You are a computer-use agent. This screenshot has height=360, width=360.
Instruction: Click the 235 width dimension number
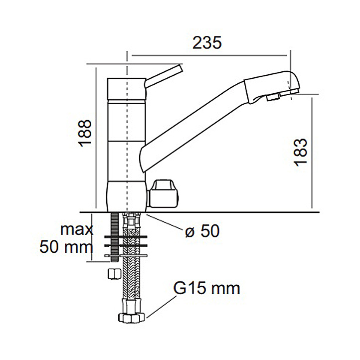207,43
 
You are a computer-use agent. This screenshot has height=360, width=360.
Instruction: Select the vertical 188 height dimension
85,133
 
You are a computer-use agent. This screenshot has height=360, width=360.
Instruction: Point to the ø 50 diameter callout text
202,231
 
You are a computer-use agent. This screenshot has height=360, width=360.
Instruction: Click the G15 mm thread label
206,288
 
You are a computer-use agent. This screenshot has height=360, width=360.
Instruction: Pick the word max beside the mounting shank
76,229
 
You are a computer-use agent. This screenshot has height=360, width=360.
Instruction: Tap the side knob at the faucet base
164,193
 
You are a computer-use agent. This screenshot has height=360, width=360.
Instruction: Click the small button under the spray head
273,99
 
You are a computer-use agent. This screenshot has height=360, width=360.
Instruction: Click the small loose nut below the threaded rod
113,273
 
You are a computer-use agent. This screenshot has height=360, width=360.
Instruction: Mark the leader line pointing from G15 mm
161,305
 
